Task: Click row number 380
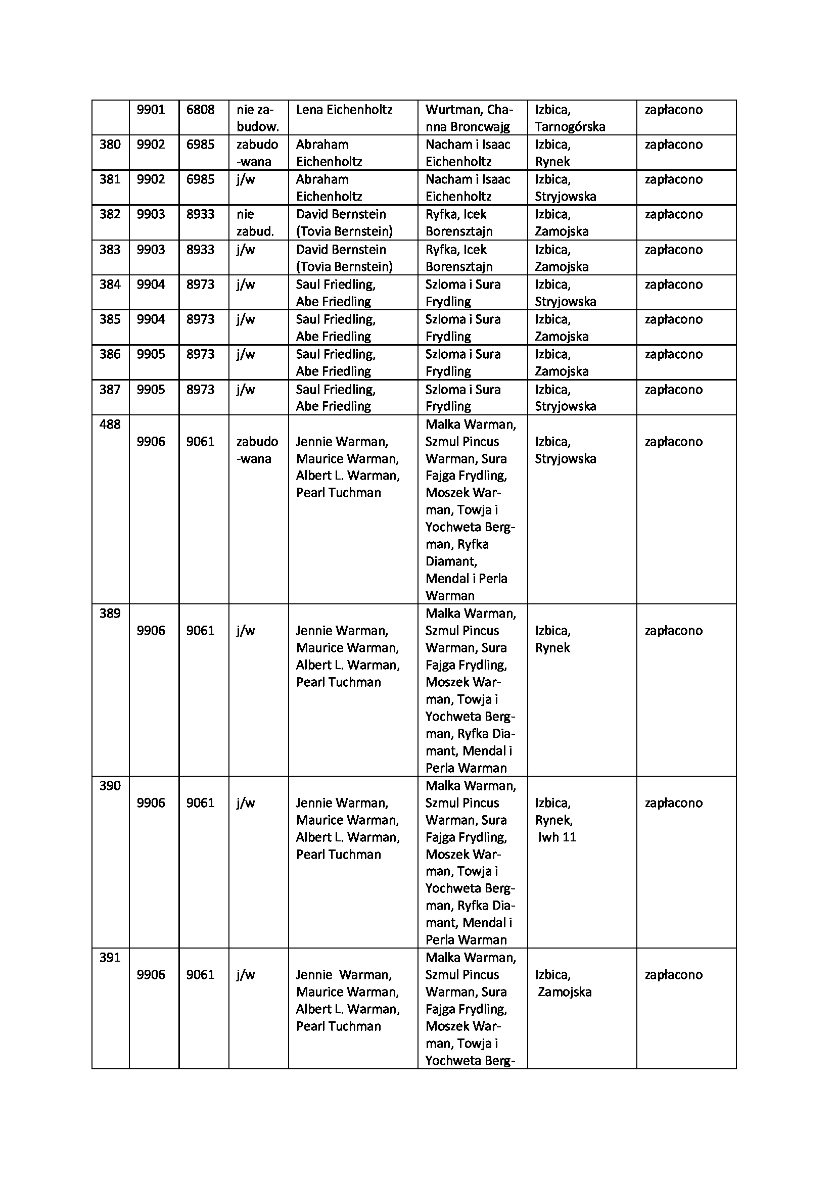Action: pos(110,145)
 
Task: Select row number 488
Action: pos(110,424)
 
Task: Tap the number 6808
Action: pos(200,110)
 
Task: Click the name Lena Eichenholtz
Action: pos(344,110)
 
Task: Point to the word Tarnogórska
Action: pos(570,127)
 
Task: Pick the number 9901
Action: pos(151,110)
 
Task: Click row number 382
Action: pos(110,215)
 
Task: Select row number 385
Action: pos(110,320)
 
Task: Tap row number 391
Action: pos(110,958)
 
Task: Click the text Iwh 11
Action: pos(557,837)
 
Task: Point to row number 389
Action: pos(110,613)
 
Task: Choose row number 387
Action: pos(110,390)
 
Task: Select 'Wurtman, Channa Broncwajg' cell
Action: pos(469,118)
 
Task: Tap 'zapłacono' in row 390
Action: pos(673,803)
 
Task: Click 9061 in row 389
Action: pos(200,631)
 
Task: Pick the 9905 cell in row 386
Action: pos(151,355)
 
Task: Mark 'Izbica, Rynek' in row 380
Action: pos(553,153)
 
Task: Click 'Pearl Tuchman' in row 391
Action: pos(338,1026)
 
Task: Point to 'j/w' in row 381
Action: pos(246,180)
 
